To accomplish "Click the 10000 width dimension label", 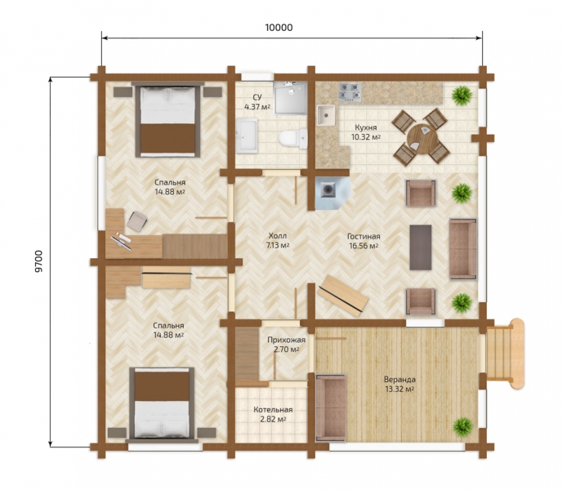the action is pos(279,28).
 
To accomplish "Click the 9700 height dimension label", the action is pos(38,261).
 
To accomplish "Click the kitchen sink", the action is pos(326,115).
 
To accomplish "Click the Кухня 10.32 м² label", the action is pos(366,132).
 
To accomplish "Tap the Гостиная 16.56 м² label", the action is pos(364,241).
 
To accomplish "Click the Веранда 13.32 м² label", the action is pos(399,385).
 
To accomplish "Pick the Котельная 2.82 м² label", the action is pos(273,414).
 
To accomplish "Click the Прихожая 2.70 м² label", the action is pos(287,345).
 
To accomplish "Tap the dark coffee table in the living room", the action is pos(421,247).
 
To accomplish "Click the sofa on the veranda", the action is pos(331,408).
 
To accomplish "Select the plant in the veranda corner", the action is pos(462,426).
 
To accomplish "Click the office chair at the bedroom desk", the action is pos(136,220).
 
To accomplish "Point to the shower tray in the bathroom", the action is pos(290,98).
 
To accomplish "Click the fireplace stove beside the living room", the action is pos(331,193).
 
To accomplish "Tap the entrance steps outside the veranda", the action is pos(503,354).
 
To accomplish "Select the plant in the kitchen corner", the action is pos(462,96).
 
